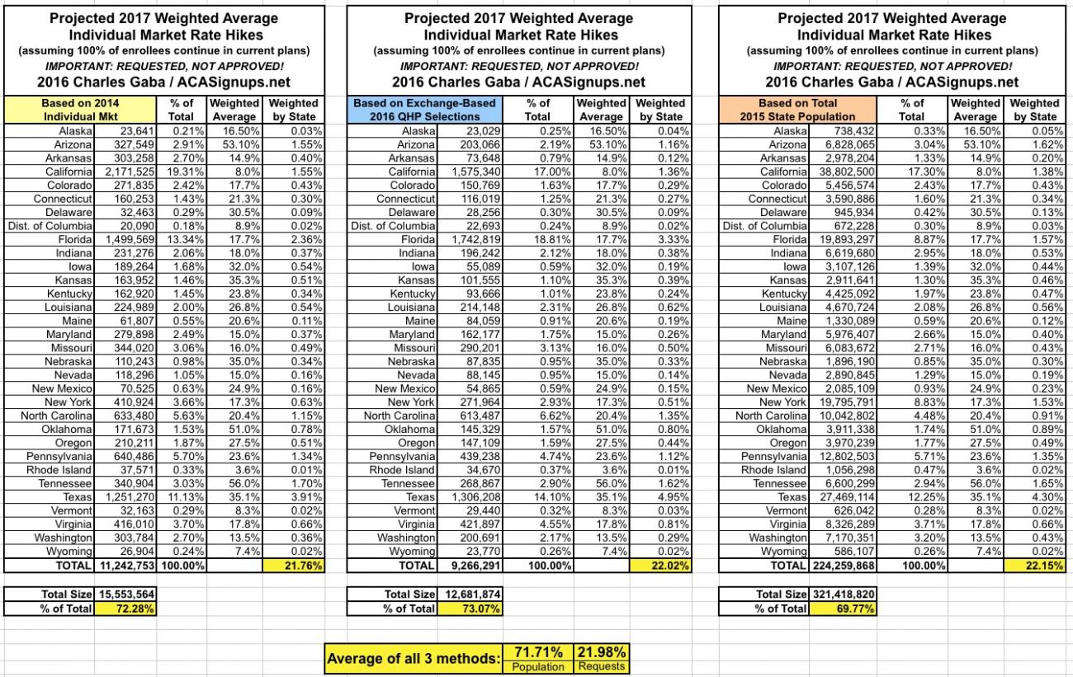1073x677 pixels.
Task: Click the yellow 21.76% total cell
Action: (x=293, y=565)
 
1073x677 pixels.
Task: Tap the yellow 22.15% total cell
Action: (x=1035, y=565)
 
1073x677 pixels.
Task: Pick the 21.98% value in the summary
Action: (x=603, y=651)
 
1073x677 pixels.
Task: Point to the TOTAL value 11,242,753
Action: (x=127, y=565)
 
